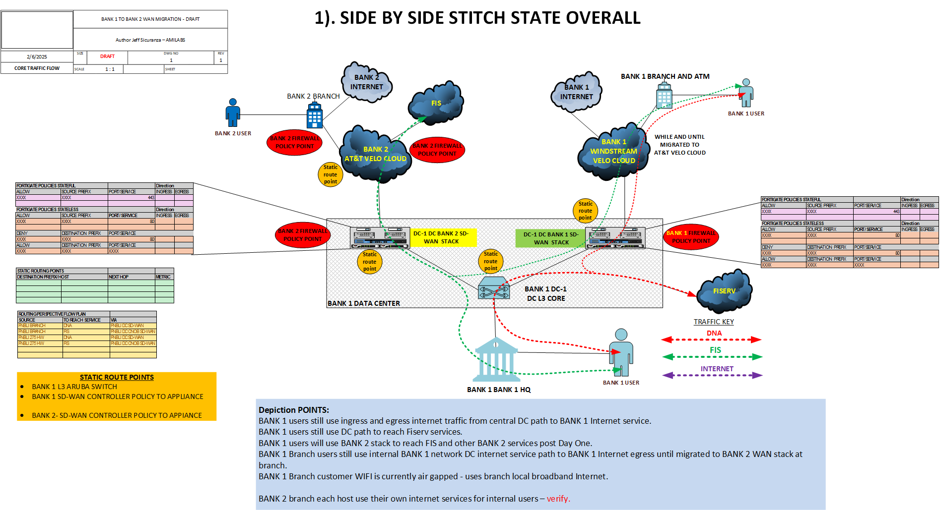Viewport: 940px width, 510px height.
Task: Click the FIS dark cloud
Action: click(436, 104)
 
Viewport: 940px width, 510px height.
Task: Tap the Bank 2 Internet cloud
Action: click(367, 82)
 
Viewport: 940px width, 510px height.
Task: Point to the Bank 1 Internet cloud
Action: click(576, 92)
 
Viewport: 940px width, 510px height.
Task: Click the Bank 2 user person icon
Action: click(232, 113)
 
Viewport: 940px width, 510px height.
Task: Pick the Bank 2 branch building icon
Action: click(315, 115)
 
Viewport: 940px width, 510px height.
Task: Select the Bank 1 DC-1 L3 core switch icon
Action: click(494, 288)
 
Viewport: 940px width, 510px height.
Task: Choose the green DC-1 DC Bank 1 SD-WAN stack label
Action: click(550, 238)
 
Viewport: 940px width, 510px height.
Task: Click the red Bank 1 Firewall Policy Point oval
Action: click(691, 237)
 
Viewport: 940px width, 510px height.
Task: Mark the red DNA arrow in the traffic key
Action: click(711, 340)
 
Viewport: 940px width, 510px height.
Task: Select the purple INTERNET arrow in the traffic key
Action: click(712, 375)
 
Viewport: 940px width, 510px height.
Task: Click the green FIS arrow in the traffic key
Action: click(712, 357)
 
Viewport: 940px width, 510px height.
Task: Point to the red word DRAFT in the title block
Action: click(107, 57)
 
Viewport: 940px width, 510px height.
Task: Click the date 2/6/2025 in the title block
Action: click(37, 57)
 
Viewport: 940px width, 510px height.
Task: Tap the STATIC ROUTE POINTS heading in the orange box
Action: click(117, 377)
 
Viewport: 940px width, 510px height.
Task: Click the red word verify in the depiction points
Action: click(558, 499)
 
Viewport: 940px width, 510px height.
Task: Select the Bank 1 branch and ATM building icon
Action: click(664, 96)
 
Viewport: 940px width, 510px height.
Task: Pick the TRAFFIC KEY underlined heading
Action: click(713, 322)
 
